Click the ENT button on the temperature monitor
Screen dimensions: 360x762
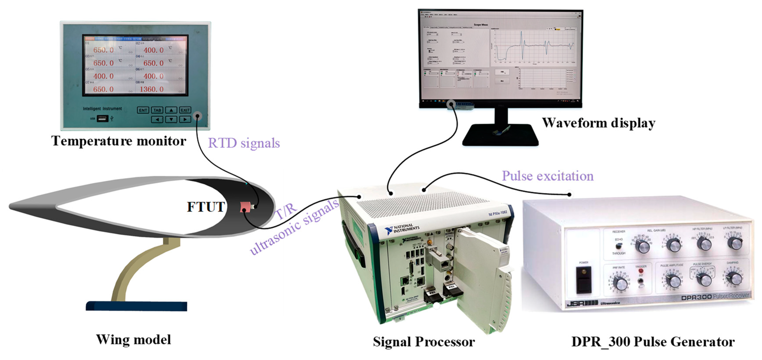(143, 110)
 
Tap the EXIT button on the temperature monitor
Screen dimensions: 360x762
(185, 110)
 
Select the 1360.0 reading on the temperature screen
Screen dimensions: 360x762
(152, 89)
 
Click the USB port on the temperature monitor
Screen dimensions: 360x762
(102, 119)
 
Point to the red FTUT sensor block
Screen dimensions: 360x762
(245, 206)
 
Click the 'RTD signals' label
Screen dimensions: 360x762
(244, 143)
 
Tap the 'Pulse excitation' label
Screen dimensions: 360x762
(548, 176)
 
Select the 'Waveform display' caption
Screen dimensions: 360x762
(598, 123)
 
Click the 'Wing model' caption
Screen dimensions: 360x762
(134, 340)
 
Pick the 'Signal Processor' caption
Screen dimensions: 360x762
(424, 342)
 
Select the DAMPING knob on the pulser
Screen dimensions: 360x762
(735, 278)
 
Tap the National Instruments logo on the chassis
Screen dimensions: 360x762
(402, 229)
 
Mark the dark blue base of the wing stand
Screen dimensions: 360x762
(136, 306)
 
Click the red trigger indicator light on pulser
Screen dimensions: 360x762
(641, 270)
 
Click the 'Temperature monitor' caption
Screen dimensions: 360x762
(119, 141)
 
